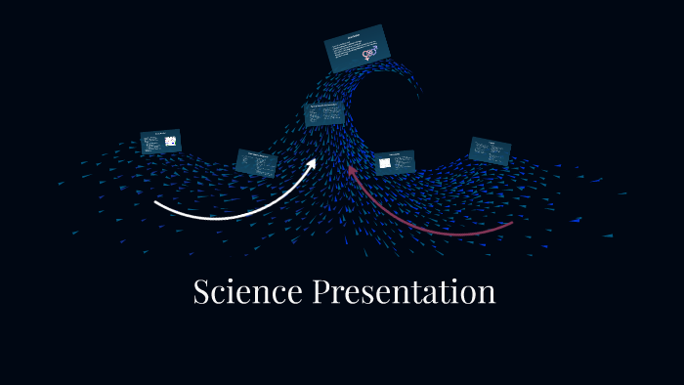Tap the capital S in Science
pyautogui.click(x=202, y=291)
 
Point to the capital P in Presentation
pyautogui.click(x=321, y=291)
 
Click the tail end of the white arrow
pyautogui.click(x=156, y=203)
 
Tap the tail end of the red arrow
pyautogui.click(x=510, y=224)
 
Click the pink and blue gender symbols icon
pyautogui.click(x=369, y=54)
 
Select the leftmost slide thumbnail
pyautogui.click(x=160, y=142)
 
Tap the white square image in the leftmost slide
pyautogui.click(x=170, y=141)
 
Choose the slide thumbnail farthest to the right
pyautogui.click(x=490, y=150)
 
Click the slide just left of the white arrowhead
pyautogui.click(x=257, y=162)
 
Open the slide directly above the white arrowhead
pyautogui.click(x=323, y=113)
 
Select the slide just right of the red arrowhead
pyautogui.click(x=395, y=162)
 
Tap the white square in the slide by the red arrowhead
pyautogui.click(x=385, y=163)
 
